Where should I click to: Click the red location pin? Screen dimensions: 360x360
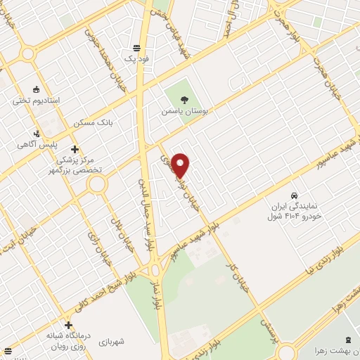pos(180,165)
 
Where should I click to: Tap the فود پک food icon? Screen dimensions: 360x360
pos(136,49)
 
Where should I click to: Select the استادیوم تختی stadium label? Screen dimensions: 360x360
pos(36,101)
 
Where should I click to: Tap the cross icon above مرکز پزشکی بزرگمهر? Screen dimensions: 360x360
pos(75,148)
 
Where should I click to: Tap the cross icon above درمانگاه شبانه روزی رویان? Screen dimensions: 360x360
pos(68,325)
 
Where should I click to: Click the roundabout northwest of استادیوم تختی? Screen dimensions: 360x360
pos(28,53)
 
